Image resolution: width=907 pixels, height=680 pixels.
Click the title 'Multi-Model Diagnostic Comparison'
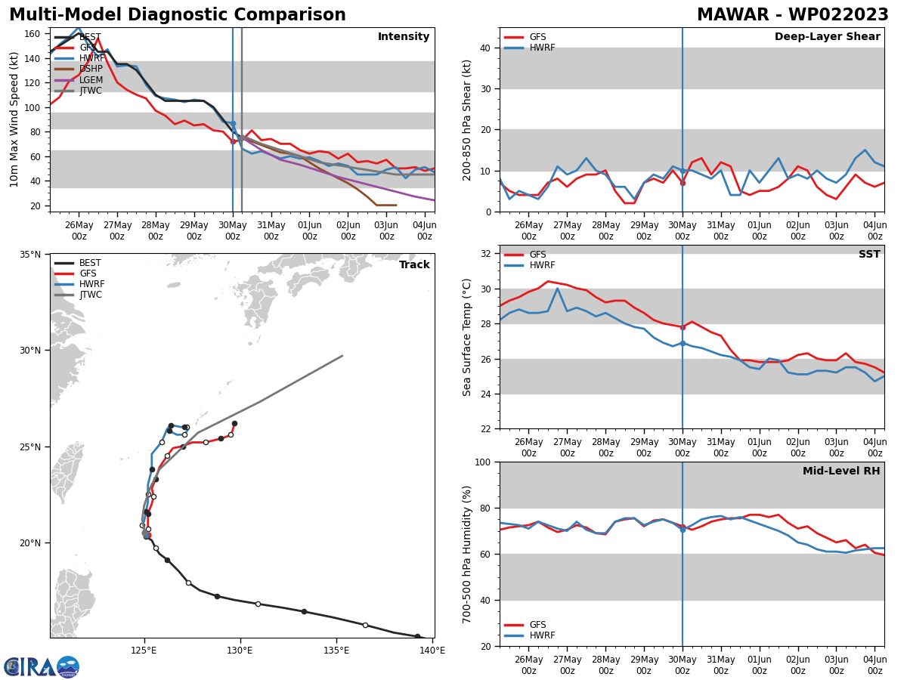coord(178,15)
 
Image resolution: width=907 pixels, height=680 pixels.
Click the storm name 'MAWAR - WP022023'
coord(792,15)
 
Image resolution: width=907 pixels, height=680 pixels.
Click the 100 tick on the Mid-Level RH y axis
coord(481,462)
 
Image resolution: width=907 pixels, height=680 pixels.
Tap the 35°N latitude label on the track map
coord(31,255)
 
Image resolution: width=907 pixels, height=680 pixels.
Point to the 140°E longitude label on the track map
coord(432,650)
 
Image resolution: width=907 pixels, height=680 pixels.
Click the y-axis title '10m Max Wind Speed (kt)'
coord(14,119)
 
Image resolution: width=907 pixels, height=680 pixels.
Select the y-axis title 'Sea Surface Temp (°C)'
coord(467,337)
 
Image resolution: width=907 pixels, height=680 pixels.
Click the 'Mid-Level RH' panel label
coord(841,471)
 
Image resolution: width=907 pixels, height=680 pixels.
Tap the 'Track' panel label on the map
coord(414,265)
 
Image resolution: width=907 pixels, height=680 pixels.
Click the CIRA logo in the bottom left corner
coord(42,666)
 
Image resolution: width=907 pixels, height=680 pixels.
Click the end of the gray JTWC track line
coord(342,356)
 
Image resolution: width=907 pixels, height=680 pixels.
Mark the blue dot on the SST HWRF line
coord(683,343)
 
